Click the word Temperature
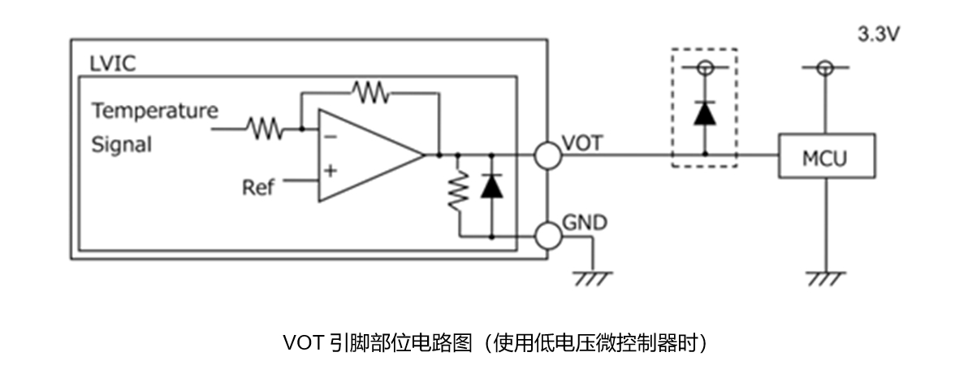[154, 110]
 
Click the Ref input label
[258, 188]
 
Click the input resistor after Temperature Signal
[265, 128]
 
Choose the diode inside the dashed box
[704, 114]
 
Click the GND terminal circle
[548, 236]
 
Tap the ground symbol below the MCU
[826, 279]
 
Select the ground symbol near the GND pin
[591, 279]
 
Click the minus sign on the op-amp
[331, 136]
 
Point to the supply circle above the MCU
[826, 68]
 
